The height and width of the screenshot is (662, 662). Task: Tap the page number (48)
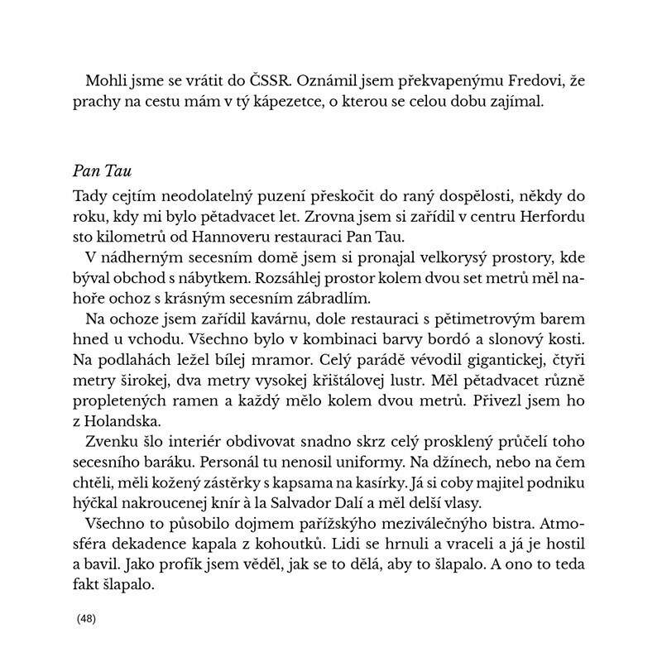pos(86,619)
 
